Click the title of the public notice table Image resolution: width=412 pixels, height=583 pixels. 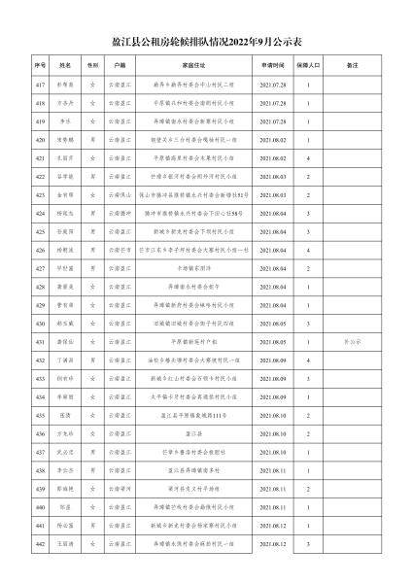[206, 42]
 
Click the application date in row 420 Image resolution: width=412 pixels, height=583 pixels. [273, 140]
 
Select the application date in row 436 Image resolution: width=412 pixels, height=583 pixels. [273, 434]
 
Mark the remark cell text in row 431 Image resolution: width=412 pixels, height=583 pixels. [351, 343]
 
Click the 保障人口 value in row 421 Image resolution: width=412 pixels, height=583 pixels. [308, 159]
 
